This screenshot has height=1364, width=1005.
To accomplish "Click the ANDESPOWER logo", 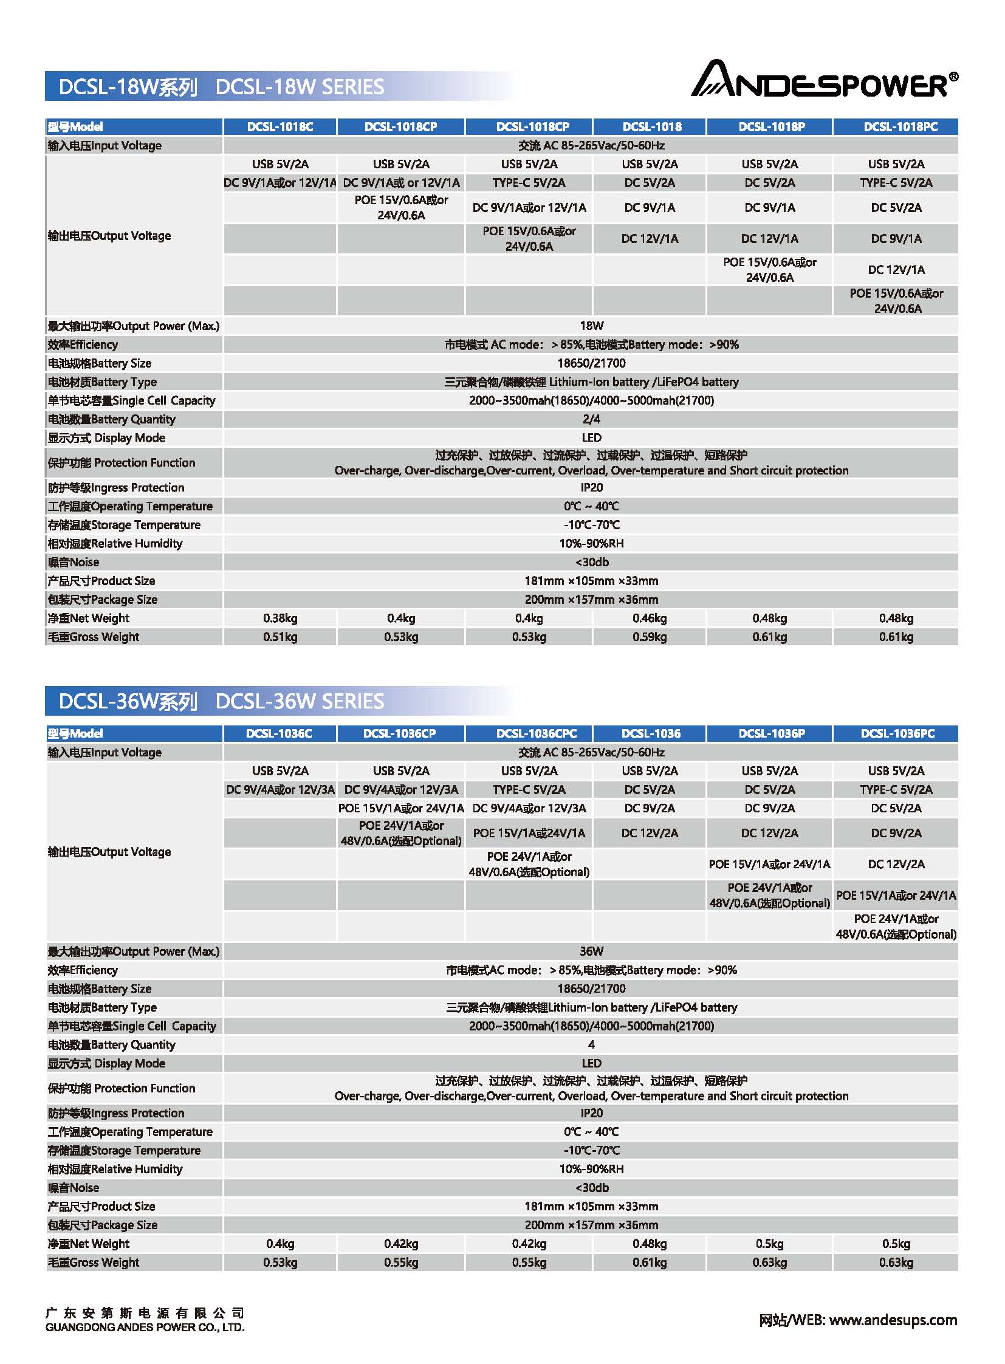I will pos(819,80).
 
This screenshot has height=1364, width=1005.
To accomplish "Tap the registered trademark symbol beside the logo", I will pos(953,77).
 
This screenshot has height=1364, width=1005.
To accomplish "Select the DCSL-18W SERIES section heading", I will pos(221,87).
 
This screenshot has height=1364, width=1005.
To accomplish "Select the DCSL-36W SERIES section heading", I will pos(221,702).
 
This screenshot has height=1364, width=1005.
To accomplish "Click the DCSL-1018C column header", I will pos(280,126).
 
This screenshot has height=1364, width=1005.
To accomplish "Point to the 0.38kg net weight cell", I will pos(280,619).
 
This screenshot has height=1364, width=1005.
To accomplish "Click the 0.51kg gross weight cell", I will pos(280,637).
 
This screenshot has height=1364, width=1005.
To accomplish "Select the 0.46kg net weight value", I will pos(649,619).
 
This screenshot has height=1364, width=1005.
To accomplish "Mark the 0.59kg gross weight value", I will pos(649,637).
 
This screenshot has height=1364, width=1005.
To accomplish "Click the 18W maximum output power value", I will pos(591,326).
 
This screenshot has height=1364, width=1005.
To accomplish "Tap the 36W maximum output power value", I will pos(591,951).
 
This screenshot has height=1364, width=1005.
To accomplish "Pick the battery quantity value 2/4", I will pos(591,419).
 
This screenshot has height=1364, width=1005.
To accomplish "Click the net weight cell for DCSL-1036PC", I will pos(896,1244).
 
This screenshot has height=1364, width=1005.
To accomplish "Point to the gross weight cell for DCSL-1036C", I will pos(280,1263).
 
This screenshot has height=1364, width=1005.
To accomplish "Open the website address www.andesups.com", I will pos(893,1320).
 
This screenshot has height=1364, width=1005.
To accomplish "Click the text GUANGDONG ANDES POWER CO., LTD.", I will pos(145,1328).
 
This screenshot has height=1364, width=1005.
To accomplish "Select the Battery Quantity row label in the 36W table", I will pos(111,1044).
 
